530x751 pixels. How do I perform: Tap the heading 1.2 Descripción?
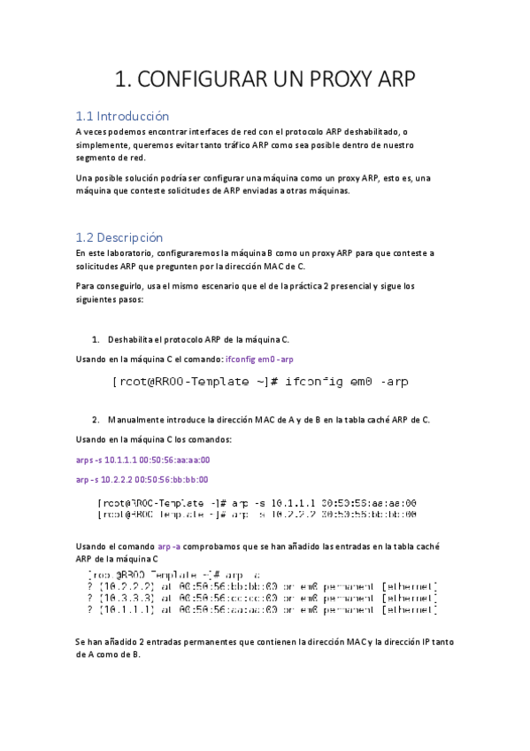[119, 237]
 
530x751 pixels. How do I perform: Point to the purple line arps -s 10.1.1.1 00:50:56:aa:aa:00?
[143, 460]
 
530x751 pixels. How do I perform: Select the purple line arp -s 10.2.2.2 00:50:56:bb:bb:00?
[142, 479]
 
